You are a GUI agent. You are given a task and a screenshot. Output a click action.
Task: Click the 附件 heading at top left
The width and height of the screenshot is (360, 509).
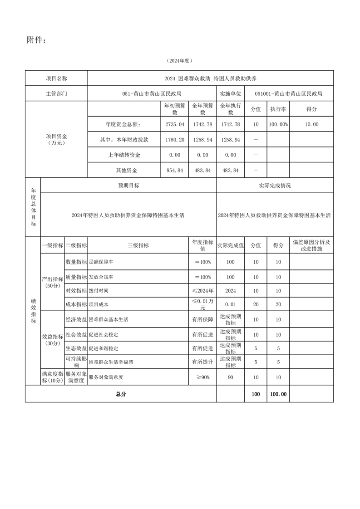coord(36,40)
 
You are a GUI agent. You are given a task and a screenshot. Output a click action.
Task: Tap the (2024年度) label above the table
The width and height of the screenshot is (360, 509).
coord(179,60)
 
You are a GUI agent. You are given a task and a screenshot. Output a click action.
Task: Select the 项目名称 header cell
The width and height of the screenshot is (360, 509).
coord(56,78)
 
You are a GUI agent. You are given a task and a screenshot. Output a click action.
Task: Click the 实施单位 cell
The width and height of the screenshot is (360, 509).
coord(231,94)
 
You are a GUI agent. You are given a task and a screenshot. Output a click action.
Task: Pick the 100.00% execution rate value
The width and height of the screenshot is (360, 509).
coord(278,124)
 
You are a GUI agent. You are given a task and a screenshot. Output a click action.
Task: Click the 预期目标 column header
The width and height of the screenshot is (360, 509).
coord(128,186)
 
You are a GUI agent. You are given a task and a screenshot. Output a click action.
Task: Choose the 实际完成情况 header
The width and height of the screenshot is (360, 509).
coord(275,186)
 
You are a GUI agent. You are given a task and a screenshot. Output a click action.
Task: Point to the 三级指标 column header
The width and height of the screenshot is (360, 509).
coord(138,245)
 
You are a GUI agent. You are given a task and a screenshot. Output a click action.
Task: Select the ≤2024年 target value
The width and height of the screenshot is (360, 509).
coord(202,291)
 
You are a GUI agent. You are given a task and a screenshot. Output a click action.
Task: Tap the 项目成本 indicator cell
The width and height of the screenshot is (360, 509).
coord(99,304)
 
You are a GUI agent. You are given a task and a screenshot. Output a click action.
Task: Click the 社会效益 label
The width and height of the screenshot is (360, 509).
coord(76,335)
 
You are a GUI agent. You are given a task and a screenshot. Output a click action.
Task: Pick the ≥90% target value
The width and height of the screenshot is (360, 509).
coord(202,377)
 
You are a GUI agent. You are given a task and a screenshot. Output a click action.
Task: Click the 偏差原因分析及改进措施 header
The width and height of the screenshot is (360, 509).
coord(311,245)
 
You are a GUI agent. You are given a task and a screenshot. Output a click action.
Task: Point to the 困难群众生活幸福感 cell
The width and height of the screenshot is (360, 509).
coord(111,362)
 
